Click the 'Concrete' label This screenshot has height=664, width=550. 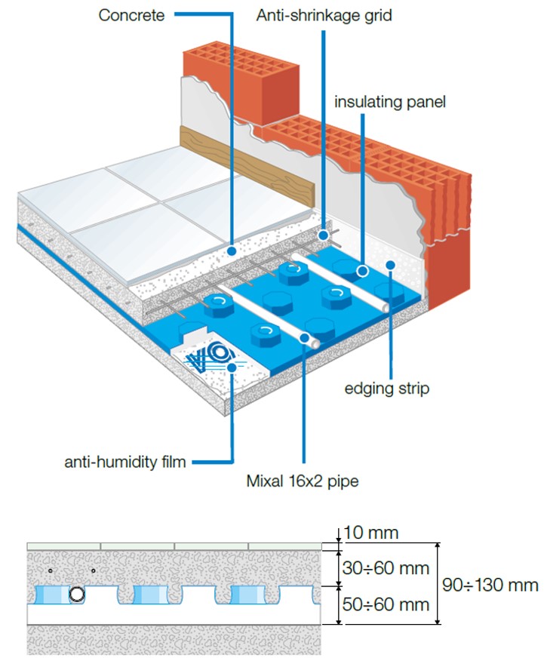[131, 14]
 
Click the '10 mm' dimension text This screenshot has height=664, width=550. [370, 533]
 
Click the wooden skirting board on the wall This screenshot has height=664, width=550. [241, 165]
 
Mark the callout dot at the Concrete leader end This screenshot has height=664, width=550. [232, 249]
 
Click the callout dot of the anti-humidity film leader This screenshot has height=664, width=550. [232, 367]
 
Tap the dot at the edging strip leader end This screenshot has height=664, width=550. [390, 264]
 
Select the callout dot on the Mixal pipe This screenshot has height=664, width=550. [304, 340]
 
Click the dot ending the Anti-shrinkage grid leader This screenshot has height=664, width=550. [324, 235]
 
